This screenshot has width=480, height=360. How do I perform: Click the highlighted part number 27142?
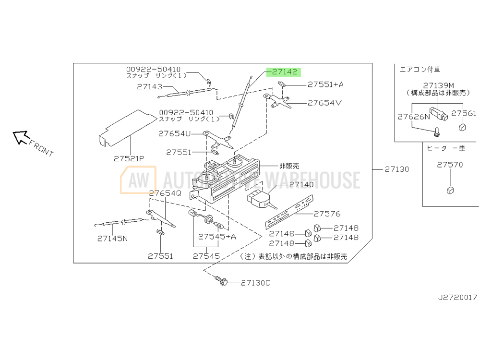(284, 72)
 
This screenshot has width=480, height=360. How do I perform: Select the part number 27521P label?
(129, 158)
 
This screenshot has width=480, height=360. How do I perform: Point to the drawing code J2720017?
(457, 297)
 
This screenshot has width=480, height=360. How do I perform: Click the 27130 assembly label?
(397, 169)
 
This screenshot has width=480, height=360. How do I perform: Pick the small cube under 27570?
(450, 191)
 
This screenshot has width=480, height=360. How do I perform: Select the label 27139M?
(438, 85)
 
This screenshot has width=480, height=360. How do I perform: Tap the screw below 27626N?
(437, 132)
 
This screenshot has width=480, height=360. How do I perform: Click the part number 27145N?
(112, 239)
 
